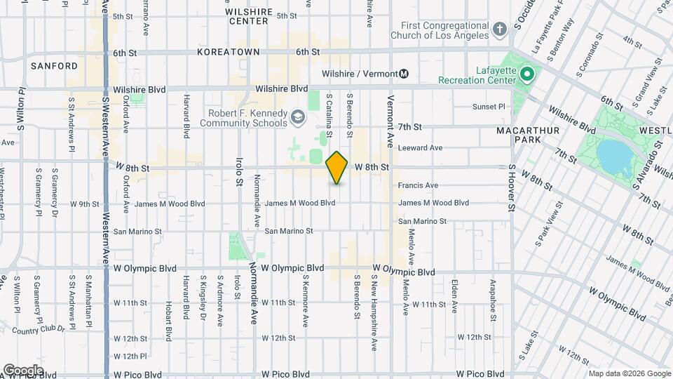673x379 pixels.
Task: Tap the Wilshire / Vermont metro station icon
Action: tap(404, 74)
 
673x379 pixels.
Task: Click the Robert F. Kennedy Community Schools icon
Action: tap(299, 117)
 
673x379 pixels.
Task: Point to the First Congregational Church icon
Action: tap(499, 29)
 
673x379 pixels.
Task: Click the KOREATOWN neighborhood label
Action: tap(229, 52)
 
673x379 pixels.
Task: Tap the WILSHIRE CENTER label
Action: tap(247, 16)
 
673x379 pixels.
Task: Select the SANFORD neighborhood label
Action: tap(54, 66)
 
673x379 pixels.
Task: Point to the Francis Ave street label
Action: tap(418, 185)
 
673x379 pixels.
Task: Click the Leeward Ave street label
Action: tap(421, 148)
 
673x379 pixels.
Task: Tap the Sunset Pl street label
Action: tap(489, 107)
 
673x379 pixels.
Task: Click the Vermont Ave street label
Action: tap(390, 122)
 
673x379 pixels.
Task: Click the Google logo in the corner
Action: tap(22, 370)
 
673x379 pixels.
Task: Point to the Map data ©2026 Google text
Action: tap(629, 373)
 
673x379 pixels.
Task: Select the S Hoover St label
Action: tap(512, 188)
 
